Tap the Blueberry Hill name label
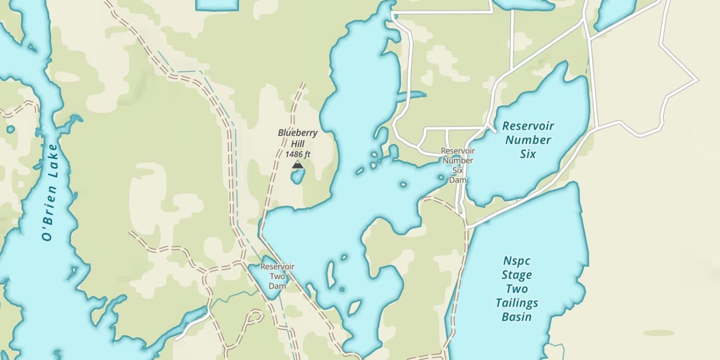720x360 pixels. click(x=298, y=138)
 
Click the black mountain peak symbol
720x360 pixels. click(x=298, y=165)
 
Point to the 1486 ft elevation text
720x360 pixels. click(x=298, y=154)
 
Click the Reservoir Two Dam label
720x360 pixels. click(x=277, y=276)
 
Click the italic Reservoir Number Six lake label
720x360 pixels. click(x=528, y=140)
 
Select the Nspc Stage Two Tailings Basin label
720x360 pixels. click(x=516, y=288)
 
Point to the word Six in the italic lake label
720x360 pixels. click(x=527, y=154)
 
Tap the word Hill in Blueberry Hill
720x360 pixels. click(x=298, y=144)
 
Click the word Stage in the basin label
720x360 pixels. click(x=516, y=275)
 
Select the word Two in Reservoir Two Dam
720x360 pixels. click(x=277, y=276)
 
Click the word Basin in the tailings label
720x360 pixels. click(x=516, y=317)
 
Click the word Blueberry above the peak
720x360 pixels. click(x=298, y=133)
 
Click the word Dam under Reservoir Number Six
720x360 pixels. click(x=458, y=180)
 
